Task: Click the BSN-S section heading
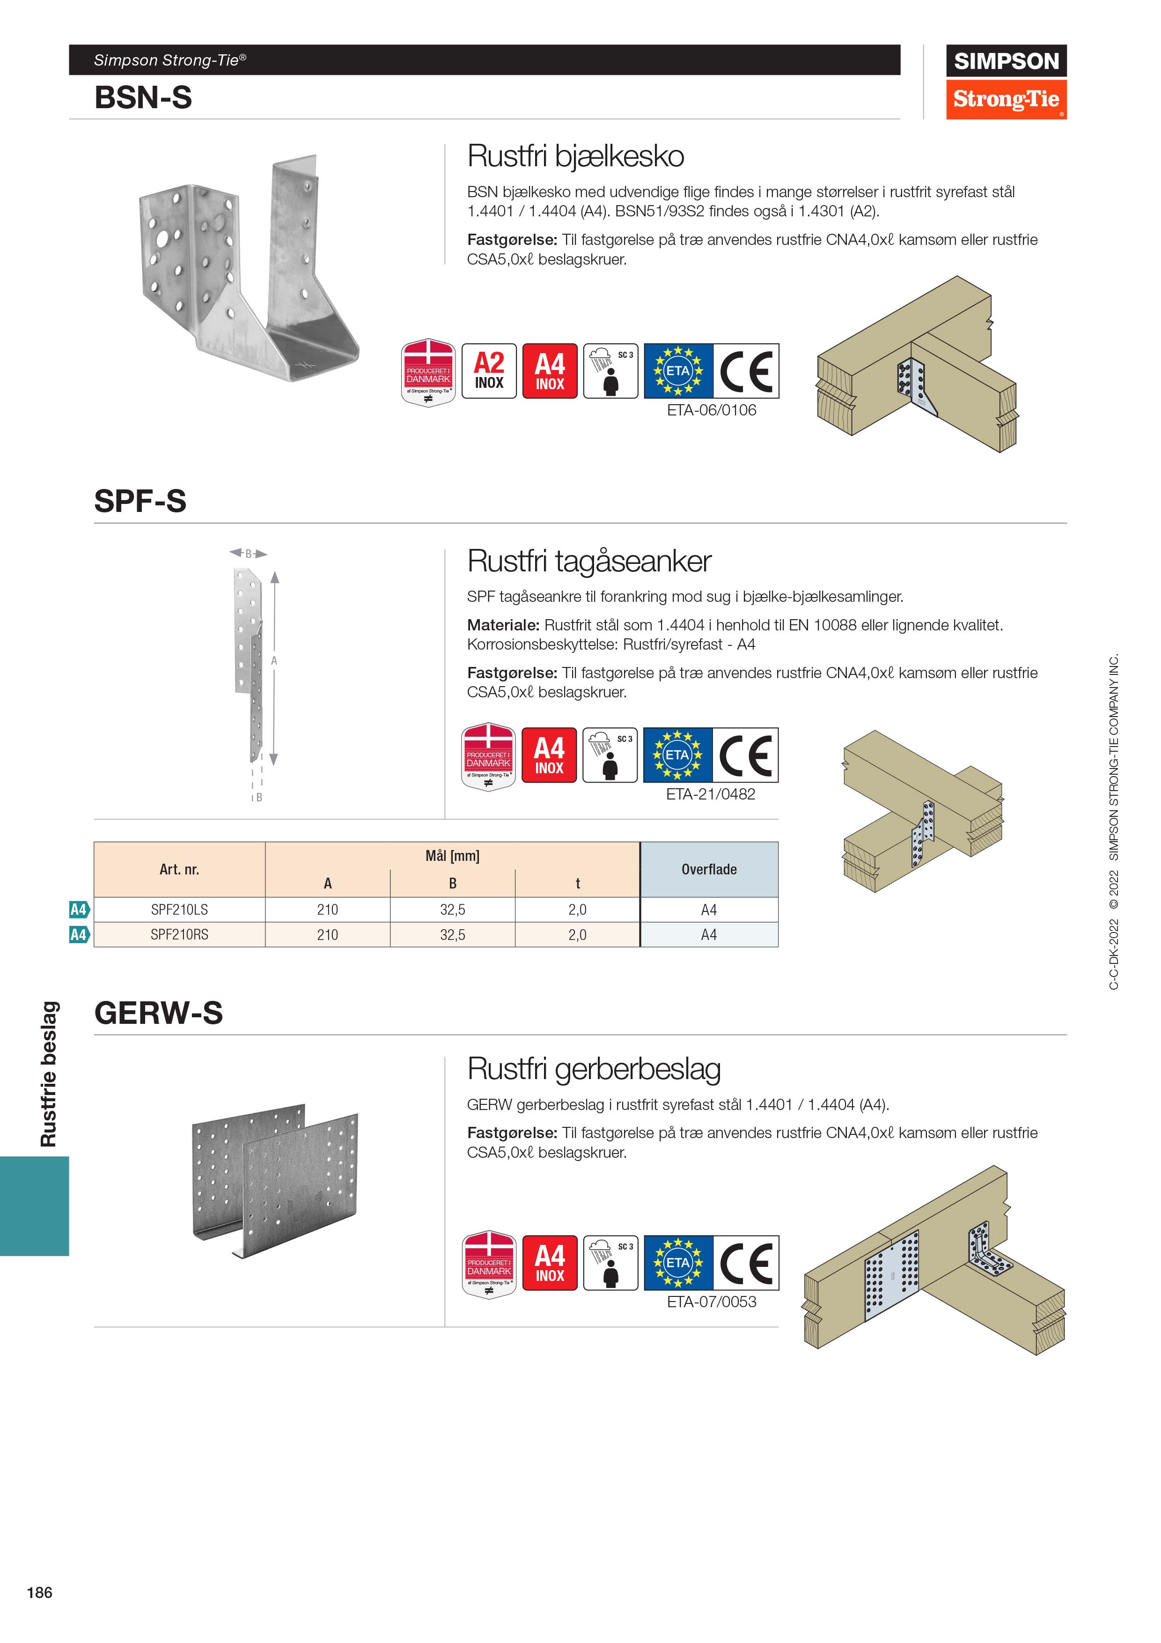click(143, 97)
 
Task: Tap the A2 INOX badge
click(489, 370)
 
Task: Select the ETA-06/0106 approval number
click(711, 410)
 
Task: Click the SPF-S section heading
click(140, 501)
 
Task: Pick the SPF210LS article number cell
click(180, 910)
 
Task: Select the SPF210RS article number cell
click(180, 934)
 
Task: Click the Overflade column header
click(709, 869)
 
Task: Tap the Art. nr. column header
click(180, 869)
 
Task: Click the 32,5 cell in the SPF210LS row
click(453, 910)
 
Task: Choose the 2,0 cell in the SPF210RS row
click(577, 934)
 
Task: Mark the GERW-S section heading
click(159, 1013)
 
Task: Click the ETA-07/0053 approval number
click(711, 1302)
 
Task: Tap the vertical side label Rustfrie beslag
click(48, 1073)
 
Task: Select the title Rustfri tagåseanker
click(589, 561)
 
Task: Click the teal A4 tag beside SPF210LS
click(79, 910)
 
